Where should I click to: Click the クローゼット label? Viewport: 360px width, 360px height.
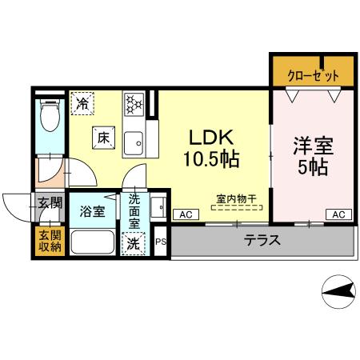click(x=313, y=75)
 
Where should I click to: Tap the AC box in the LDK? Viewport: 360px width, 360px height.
click(x=185, y=214)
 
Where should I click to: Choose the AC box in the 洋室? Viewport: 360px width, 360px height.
click(x=338, y=214)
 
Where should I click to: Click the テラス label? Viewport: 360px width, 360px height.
click(x=262, y=240)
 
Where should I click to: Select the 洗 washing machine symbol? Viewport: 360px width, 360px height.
click(x=132, y=243)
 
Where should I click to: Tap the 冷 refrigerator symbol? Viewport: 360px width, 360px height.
click(x=82, y=103)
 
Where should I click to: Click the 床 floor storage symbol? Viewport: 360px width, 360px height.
click(x=103, y=138)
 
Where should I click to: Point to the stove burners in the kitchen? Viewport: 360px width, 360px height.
click(x=134, y=104)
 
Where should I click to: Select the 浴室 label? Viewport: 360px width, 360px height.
click(x=91, y=212)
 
